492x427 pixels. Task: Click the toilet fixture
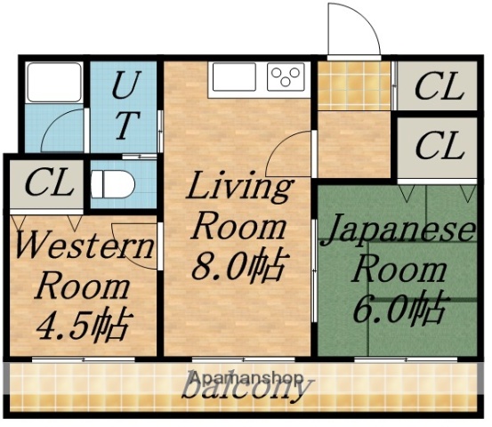pyautogui.click(x=113, y=185)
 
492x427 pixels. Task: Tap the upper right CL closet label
pyautogui.click(x=440, y=87)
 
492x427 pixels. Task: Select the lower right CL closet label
pyautogui.click(x=440, y=146)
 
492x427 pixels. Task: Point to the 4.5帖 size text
pyautogui.click(x=83, y=322)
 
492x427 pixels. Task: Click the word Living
pyautogui.click(x=238, y=188)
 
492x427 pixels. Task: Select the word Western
pyautogui.click(x=85, y=246)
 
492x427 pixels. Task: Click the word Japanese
pyautogui.click(x=398, y=230)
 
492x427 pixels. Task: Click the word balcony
pyautogui.click(x=246, y=389)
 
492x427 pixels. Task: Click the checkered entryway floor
pyautogui.click(x=354, y=86)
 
